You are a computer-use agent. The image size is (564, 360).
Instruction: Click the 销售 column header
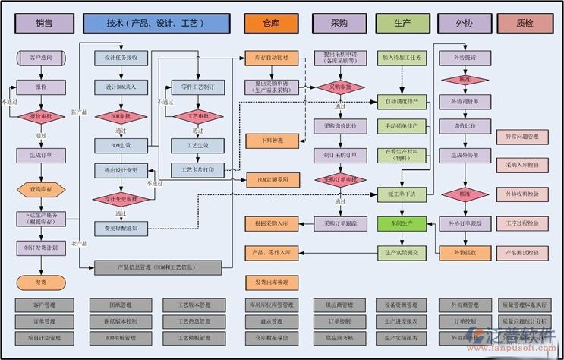[44, 24]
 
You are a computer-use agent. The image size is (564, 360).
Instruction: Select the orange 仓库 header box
[271, 24]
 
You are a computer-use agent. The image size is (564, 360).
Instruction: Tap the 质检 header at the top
[525, 24]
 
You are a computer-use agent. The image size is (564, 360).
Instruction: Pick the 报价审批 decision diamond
[40, 117]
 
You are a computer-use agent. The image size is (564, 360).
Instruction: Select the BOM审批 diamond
[121, 116]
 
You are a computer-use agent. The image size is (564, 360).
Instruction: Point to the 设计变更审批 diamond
[121, 199]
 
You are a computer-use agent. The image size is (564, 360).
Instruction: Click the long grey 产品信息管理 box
[158, 267]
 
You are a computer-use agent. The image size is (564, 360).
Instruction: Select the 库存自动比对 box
[271, 57]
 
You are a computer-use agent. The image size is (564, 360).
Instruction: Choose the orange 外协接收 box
[464, 251]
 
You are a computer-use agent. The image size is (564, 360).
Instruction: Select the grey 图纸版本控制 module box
[121, 321]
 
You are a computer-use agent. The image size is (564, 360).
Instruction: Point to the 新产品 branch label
[79, 112]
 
